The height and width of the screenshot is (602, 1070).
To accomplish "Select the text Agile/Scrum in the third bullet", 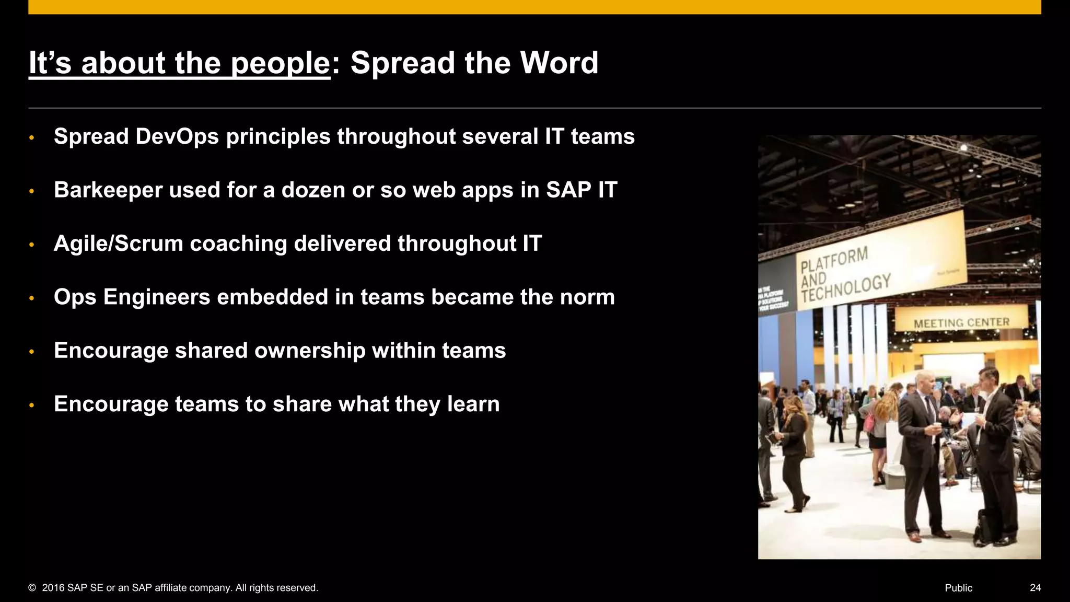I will point(118,244).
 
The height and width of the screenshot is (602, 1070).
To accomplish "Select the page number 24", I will point(1035,588).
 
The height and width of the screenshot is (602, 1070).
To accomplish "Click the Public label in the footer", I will point(958,588).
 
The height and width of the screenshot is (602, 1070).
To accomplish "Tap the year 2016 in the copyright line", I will point(53,588).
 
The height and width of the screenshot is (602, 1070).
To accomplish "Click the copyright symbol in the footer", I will point(32,588).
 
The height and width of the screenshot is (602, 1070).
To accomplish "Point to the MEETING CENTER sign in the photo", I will point(961,323).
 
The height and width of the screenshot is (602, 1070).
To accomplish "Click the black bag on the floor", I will point(983,527).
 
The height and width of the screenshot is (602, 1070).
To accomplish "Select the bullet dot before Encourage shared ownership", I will point(31,352).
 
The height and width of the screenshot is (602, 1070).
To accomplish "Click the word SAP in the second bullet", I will point(568,190).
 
